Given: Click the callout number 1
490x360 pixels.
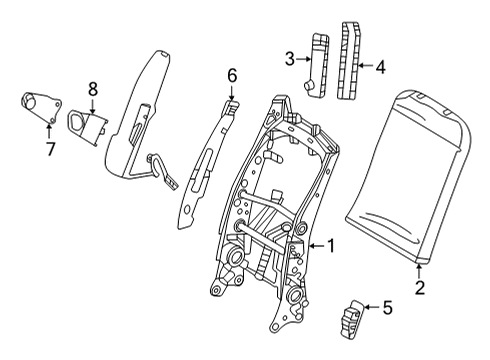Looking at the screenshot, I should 330,245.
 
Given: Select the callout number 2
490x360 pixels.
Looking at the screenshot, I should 420,289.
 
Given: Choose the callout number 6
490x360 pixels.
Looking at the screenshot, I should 231,74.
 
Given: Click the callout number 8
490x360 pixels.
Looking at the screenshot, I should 92,88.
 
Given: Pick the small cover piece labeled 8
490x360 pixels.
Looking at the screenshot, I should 88,123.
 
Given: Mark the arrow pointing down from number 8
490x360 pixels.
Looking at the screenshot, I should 92,103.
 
